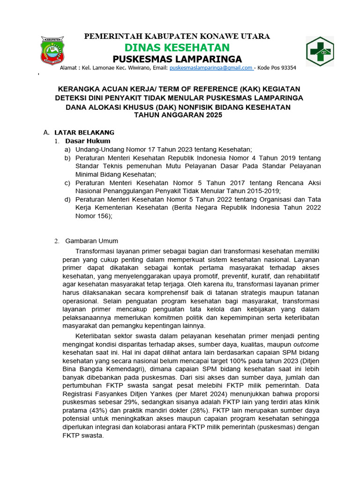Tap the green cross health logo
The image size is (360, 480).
pyautogui.click(x=320, y=51)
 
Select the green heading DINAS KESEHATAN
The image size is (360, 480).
pyautogui.click(x=177, y=47)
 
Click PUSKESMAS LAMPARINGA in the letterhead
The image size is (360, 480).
pyautogui.click(x=177, y=59)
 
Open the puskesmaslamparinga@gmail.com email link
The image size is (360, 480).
pyautogui.click(x=211, y=68)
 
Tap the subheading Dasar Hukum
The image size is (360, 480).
pyautogui.click(x=88, y=141)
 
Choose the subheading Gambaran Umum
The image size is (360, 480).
pyautogui.click(x=91, y=241)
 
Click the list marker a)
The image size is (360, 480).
pyautogui.click(x=68, y=149)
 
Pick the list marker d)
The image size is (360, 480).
pyautogui.click(x=68, y=199)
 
